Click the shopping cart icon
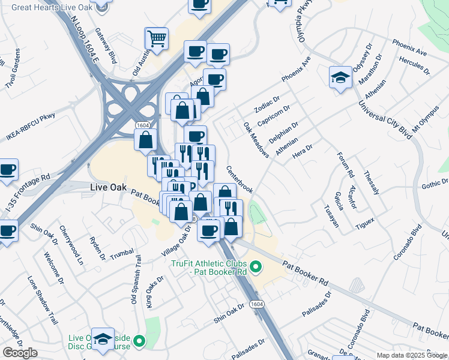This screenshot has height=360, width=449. tap(157, 39)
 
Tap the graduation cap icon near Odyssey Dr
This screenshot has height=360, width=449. tap(340, 77)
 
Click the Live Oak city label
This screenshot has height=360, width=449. tap(107, 187)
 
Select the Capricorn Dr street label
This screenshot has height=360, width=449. tap(274, 116)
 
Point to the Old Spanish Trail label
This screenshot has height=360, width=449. tap(135, 279)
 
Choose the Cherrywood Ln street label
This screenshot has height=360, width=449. tap(71, 245)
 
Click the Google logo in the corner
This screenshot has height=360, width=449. tap(20, 353)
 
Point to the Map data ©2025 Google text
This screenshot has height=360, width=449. tap(411, 355)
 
